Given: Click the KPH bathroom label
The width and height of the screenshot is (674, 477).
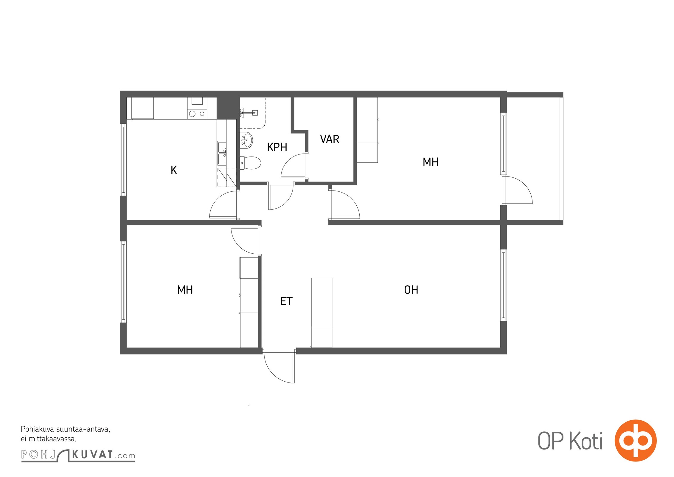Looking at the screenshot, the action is coord(277,147).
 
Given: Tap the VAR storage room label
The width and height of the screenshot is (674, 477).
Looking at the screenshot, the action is coord(330,139).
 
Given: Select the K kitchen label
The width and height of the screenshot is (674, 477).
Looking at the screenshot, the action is coord(174,170).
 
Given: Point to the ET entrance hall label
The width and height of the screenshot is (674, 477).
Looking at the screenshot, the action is coord(286,301).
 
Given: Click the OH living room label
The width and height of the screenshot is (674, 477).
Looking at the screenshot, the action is coord(411,290).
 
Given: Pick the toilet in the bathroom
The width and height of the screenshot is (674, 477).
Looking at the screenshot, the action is coord(250,163).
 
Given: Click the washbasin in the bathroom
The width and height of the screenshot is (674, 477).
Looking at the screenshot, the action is coord(246,140).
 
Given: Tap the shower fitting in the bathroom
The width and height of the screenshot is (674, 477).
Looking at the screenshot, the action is coord(249,113).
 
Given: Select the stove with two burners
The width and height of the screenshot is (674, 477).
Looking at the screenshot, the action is coord(197,114).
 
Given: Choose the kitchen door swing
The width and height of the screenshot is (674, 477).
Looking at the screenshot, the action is coord(223,205).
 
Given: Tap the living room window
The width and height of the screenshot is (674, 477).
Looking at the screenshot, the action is coord(504,285).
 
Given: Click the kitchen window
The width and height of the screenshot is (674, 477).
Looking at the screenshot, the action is coord(123,160).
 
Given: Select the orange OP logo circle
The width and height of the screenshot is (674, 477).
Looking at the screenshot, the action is coord(635,440).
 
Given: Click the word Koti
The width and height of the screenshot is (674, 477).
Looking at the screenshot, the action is coord(586,441).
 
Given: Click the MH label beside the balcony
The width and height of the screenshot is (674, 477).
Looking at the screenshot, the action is coord(431,162).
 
